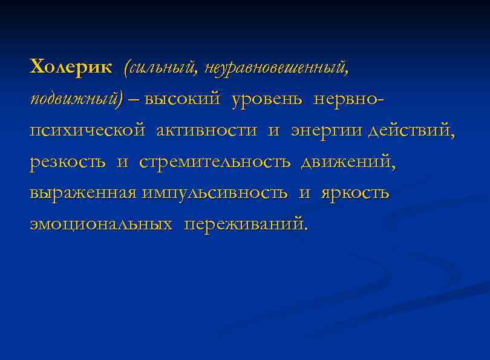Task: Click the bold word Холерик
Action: click(x=71, y=67)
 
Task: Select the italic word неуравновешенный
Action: click(x=276, y=68)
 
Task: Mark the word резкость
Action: click(x=67, y=162)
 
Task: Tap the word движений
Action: click(x=347, y=162)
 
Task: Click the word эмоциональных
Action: click(x=100, y=225)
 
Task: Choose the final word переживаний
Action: click(x=246, y=225)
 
